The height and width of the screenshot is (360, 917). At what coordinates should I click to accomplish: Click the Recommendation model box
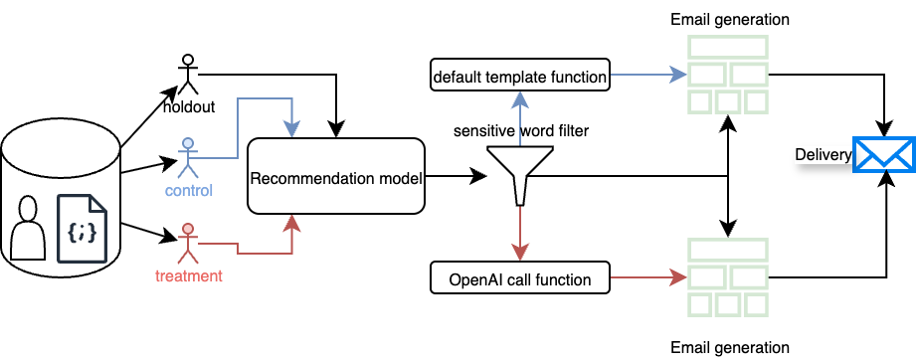[336, 176]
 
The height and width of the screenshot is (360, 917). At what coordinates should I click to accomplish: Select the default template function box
[520, 75]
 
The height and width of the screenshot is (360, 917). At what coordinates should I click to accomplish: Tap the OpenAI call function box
[520, 277]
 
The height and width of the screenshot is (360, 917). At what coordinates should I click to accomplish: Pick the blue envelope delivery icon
[883, 154]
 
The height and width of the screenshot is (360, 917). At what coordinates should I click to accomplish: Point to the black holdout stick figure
[188, 75]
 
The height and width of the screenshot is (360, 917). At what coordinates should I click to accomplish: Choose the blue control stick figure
[188, 158]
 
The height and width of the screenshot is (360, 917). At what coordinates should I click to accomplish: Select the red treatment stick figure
[188, 243]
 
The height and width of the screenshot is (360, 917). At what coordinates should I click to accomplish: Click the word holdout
[189, 107]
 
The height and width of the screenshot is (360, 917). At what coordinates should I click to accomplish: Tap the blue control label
[188, 191]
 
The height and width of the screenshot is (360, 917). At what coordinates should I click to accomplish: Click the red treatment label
[189, 275]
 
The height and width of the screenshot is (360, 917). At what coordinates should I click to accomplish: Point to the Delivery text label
[823, 155]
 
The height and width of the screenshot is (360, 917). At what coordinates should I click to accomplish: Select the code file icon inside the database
[82, 229]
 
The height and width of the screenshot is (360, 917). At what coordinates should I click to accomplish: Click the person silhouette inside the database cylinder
[28, 228]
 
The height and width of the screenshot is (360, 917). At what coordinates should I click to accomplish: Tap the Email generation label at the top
[730, 19]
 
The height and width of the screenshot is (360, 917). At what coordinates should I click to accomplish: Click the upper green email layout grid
[727, 75]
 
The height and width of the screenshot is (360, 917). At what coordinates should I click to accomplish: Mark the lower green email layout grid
[727, 277]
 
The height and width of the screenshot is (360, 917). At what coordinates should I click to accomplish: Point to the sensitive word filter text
[521, 131]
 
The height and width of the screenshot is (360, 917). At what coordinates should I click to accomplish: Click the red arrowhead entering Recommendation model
[291, 223]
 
